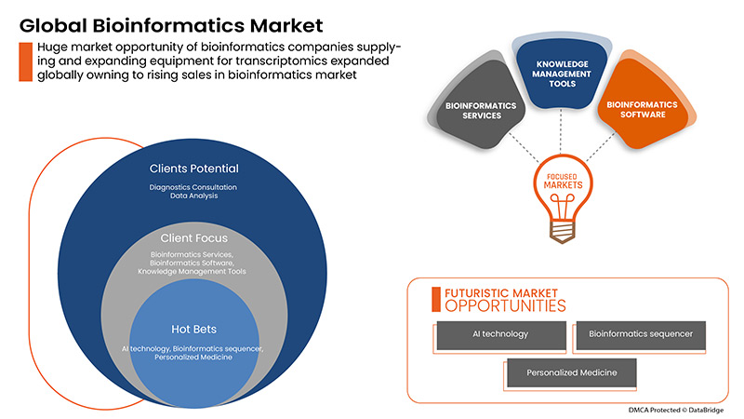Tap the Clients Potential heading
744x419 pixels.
(x=193, y=169)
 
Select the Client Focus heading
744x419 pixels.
(x=193, y=238)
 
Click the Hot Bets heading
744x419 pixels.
(x=193, y=328)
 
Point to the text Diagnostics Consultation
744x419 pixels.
(x=193, y=187)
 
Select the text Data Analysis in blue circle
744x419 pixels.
(x=193, y=196)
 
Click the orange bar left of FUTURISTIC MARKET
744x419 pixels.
(x=434, y=298)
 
